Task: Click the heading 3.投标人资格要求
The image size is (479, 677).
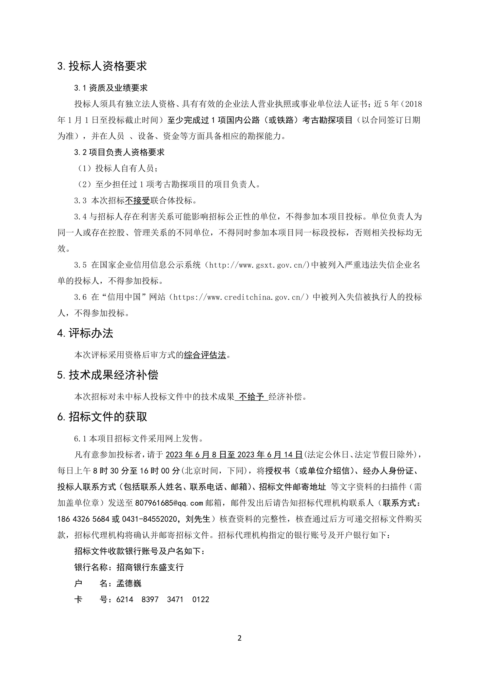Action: tap(102, 66)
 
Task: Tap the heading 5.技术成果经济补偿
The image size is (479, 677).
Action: tap(108, 375)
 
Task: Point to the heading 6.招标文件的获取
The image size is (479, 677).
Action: tap(102, 417)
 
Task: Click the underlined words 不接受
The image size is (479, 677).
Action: tap(138, 201)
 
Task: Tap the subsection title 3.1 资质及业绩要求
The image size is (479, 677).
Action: tap(111, 88)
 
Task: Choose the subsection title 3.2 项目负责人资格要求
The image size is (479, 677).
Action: tap(119, 152)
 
